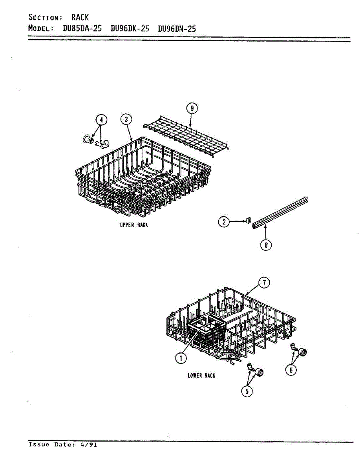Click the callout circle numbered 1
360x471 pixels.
pos(181,357)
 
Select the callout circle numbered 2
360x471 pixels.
pos(224,222)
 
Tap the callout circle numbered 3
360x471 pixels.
pos(126,119)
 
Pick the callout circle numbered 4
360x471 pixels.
pos(101,119)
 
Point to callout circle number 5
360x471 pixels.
pos(247,391)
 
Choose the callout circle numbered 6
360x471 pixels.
pos(291,370)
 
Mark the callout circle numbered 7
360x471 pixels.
pos(265,283)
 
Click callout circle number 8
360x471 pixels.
pos(266,245)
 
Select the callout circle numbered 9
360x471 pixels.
pos(191,108)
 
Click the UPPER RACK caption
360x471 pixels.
pos(134,225)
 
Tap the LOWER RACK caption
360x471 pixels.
pos(201,376)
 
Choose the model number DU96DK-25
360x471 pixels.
pos(130,29)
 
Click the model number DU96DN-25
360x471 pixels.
pos(177,29)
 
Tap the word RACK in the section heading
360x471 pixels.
pos(80,17)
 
